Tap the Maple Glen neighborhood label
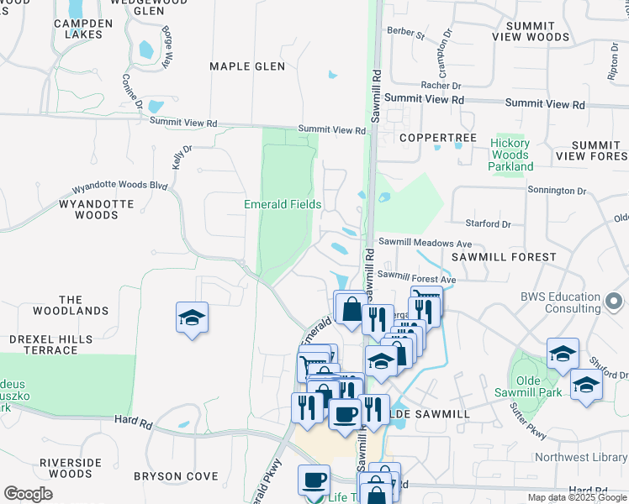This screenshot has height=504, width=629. [247, 66]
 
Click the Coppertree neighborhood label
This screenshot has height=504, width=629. [438, 138]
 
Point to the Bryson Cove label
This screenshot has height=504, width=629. [169, 476]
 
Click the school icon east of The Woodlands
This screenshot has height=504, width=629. [193, 318]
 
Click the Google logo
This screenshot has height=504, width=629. [28, 494]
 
